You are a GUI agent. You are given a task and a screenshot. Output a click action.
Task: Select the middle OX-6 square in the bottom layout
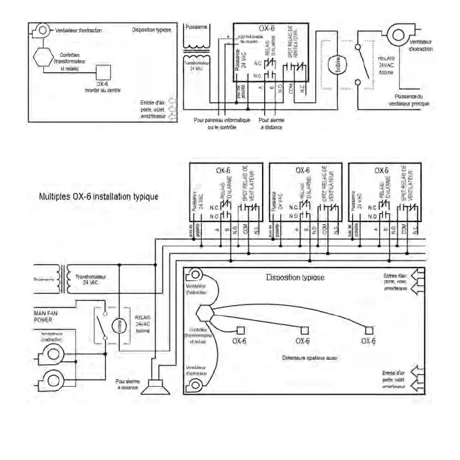(304, 329)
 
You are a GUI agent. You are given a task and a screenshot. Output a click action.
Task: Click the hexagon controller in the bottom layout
(202, 312)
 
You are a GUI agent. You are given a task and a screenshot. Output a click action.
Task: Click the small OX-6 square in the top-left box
(102, 70)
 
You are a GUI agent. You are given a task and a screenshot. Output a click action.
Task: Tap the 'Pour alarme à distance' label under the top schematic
(272, 124)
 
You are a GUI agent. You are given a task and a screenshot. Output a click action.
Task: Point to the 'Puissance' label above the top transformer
(196, 27)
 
